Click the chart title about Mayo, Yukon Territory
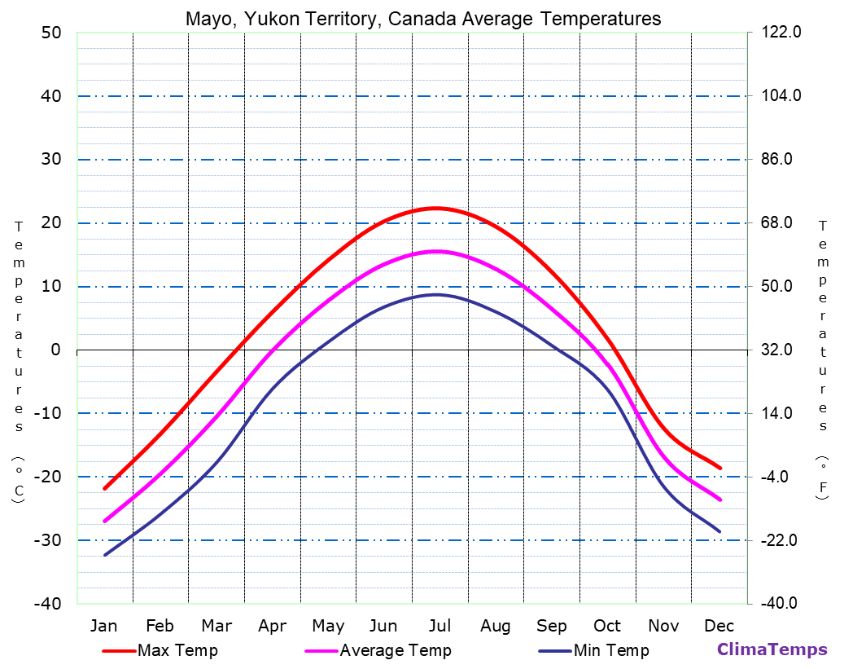(x=423, y=19)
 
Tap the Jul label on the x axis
(x=439, y=626)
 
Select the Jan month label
(x=104, y=626)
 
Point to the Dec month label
(x=719, y=626)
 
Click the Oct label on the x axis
(x=607, y=626)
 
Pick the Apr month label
(x=272, y=626)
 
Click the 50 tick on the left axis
(x=51, y=33)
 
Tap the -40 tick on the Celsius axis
(x=48, y=604)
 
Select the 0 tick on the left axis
(x=56, y=350)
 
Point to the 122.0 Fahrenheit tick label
(x=782, y=33)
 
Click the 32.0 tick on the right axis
(x=782, y=350)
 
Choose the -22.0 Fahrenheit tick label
(x=782, y=540)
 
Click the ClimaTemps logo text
(x=772, y=649)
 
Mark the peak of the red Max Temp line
(x=437, y=208)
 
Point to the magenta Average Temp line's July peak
(x=438, y=251)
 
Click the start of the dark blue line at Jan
(x=105, y=555)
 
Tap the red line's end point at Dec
(x=720, y=468)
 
